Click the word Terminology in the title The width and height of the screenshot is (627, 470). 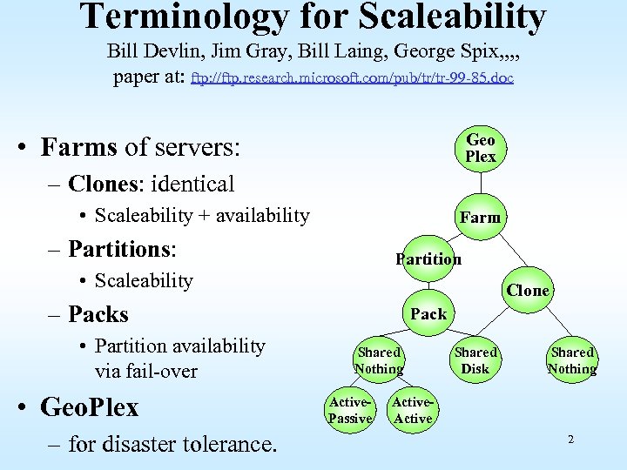pos(194,17)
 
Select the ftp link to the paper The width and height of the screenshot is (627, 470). pos(352,77)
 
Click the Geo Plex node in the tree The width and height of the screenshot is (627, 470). pos(480,148)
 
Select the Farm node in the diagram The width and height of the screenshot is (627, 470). pos(480,217)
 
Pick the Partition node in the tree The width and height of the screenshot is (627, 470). pos(428,258)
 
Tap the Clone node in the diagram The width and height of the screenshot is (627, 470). pos(528,290)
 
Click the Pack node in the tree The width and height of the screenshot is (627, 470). pos(428,313)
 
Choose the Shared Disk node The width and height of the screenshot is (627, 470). pos(475,360)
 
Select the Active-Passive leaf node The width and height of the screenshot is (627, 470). pos(349,410)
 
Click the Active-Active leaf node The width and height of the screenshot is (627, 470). pos(412,410)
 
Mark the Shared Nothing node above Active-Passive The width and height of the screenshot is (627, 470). pos(379,360)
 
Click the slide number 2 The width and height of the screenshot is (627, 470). pos(570,440)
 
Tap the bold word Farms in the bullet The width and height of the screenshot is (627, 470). pos(78,147)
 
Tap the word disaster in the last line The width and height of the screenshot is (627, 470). pos(142,445)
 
